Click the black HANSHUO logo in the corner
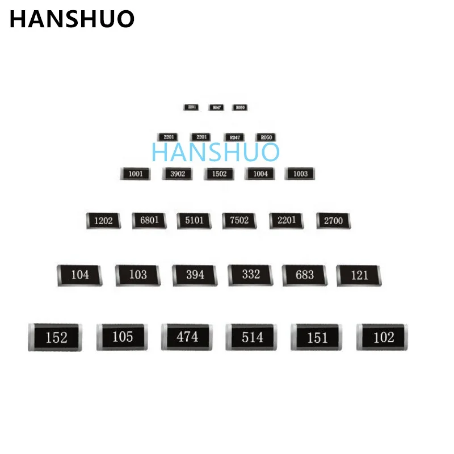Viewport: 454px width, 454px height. click(x=72, y=19)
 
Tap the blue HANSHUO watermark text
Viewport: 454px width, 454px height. click(x=216, y=152)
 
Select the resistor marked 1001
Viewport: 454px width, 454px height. click(x=135, y=174)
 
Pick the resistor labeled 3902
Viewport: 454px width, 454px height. click(x=177, y=174)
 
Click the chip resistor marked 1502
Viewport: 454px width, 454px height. click(x=218, y=174)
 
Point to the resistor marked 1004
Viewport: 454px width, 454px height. click(x=260, y=174)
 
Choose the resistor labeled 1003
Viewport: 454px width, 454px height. click(x=300, y=174)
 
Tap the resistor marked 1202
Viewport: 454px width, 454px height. click(x=103, y=221)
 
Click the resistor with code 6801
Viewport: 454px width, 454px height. click(x=149, y=220)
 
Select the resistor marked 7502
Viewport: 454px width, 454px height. click(x=239, y=220)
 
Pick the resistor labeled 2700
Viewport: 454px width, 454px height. click(x=333, y=220)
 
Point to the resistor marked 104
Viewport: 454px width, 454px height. click(x=79, y=275)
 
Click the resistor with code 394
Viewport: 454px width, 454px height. click(x=195, y=275)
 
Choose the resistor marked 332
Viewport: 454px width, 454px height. click(x=250, y=275)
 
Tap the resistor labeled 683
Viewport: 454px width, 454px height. click(x=305, y=275)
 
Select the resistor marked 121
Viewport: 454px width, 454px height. click(x=359, y=275)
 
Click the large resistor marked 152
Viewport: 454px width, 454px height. click(x=55, y=338)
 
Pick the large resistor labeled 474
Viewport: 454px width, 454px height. click(x=187, y=337)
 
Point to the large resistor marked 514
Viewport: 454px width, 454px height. click(x=251, y=337)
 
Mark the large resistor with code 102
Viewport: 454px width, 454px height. click(x=382, y=337)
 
